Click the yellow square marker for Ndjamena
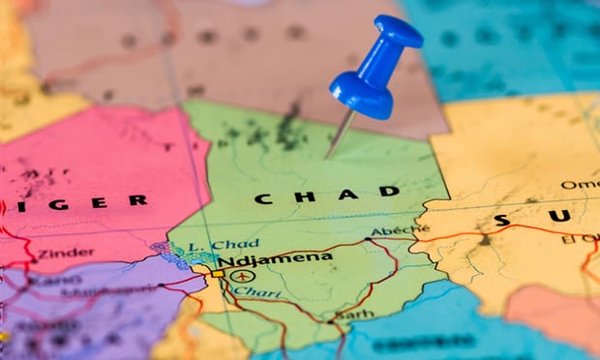(x=219, y=274)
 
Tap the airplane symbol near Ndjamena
(x=240, y=275)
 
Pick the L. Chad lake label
(x=224, y=244)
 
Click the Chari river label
(x=249, y=290)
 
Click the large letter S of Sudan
(x=501, y=220)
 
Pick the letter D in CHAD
(x=389, y=191)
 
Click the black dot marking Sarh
(x=338, y=316)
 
